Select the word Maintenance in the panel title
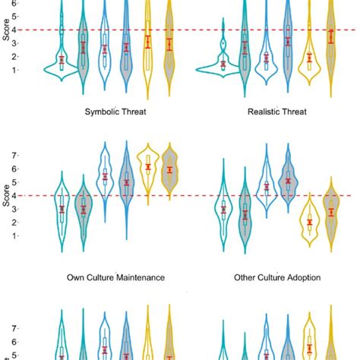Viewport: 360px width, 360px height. [x=144, y=278]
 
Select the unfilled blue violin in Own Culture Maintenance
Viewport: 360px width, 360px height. [x=105, y=178]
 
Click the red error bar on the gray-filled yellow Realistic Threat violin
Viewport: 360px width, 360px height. [x=330, y=36]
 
